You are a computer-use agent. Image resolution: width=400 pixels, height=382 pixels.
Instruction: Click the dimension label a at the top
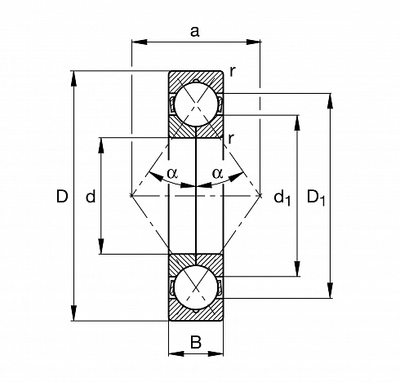(195, 32)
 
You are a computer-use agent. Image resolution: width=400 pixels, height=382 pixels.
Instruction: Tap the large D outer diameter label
(62, 196)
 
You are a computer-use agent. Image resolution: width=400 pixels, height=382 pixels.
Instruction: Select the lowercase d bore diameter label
(91, 196)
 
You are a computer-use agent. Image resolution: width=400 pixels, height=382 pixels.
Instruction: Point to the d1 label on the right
(282, 198)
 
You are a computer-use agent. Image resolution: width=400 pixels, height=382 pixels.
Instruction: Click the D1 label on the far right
(316, 198)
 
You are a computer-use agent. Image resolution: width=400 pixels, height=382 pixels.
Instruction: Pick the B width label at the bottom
(196, 342)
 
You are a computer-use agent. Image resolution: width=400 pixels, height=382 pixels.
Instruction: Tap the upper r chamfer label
(233, 72)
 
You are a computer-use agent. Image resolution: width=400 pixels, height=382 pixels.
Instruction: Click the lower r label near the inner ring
(231, 139)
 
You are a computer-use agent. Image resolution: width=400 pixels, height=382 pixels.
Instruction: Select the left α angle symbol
(172, 173)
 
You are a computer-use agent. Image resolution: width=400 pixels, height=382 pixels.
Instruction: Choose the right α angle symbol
(217, 173)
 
